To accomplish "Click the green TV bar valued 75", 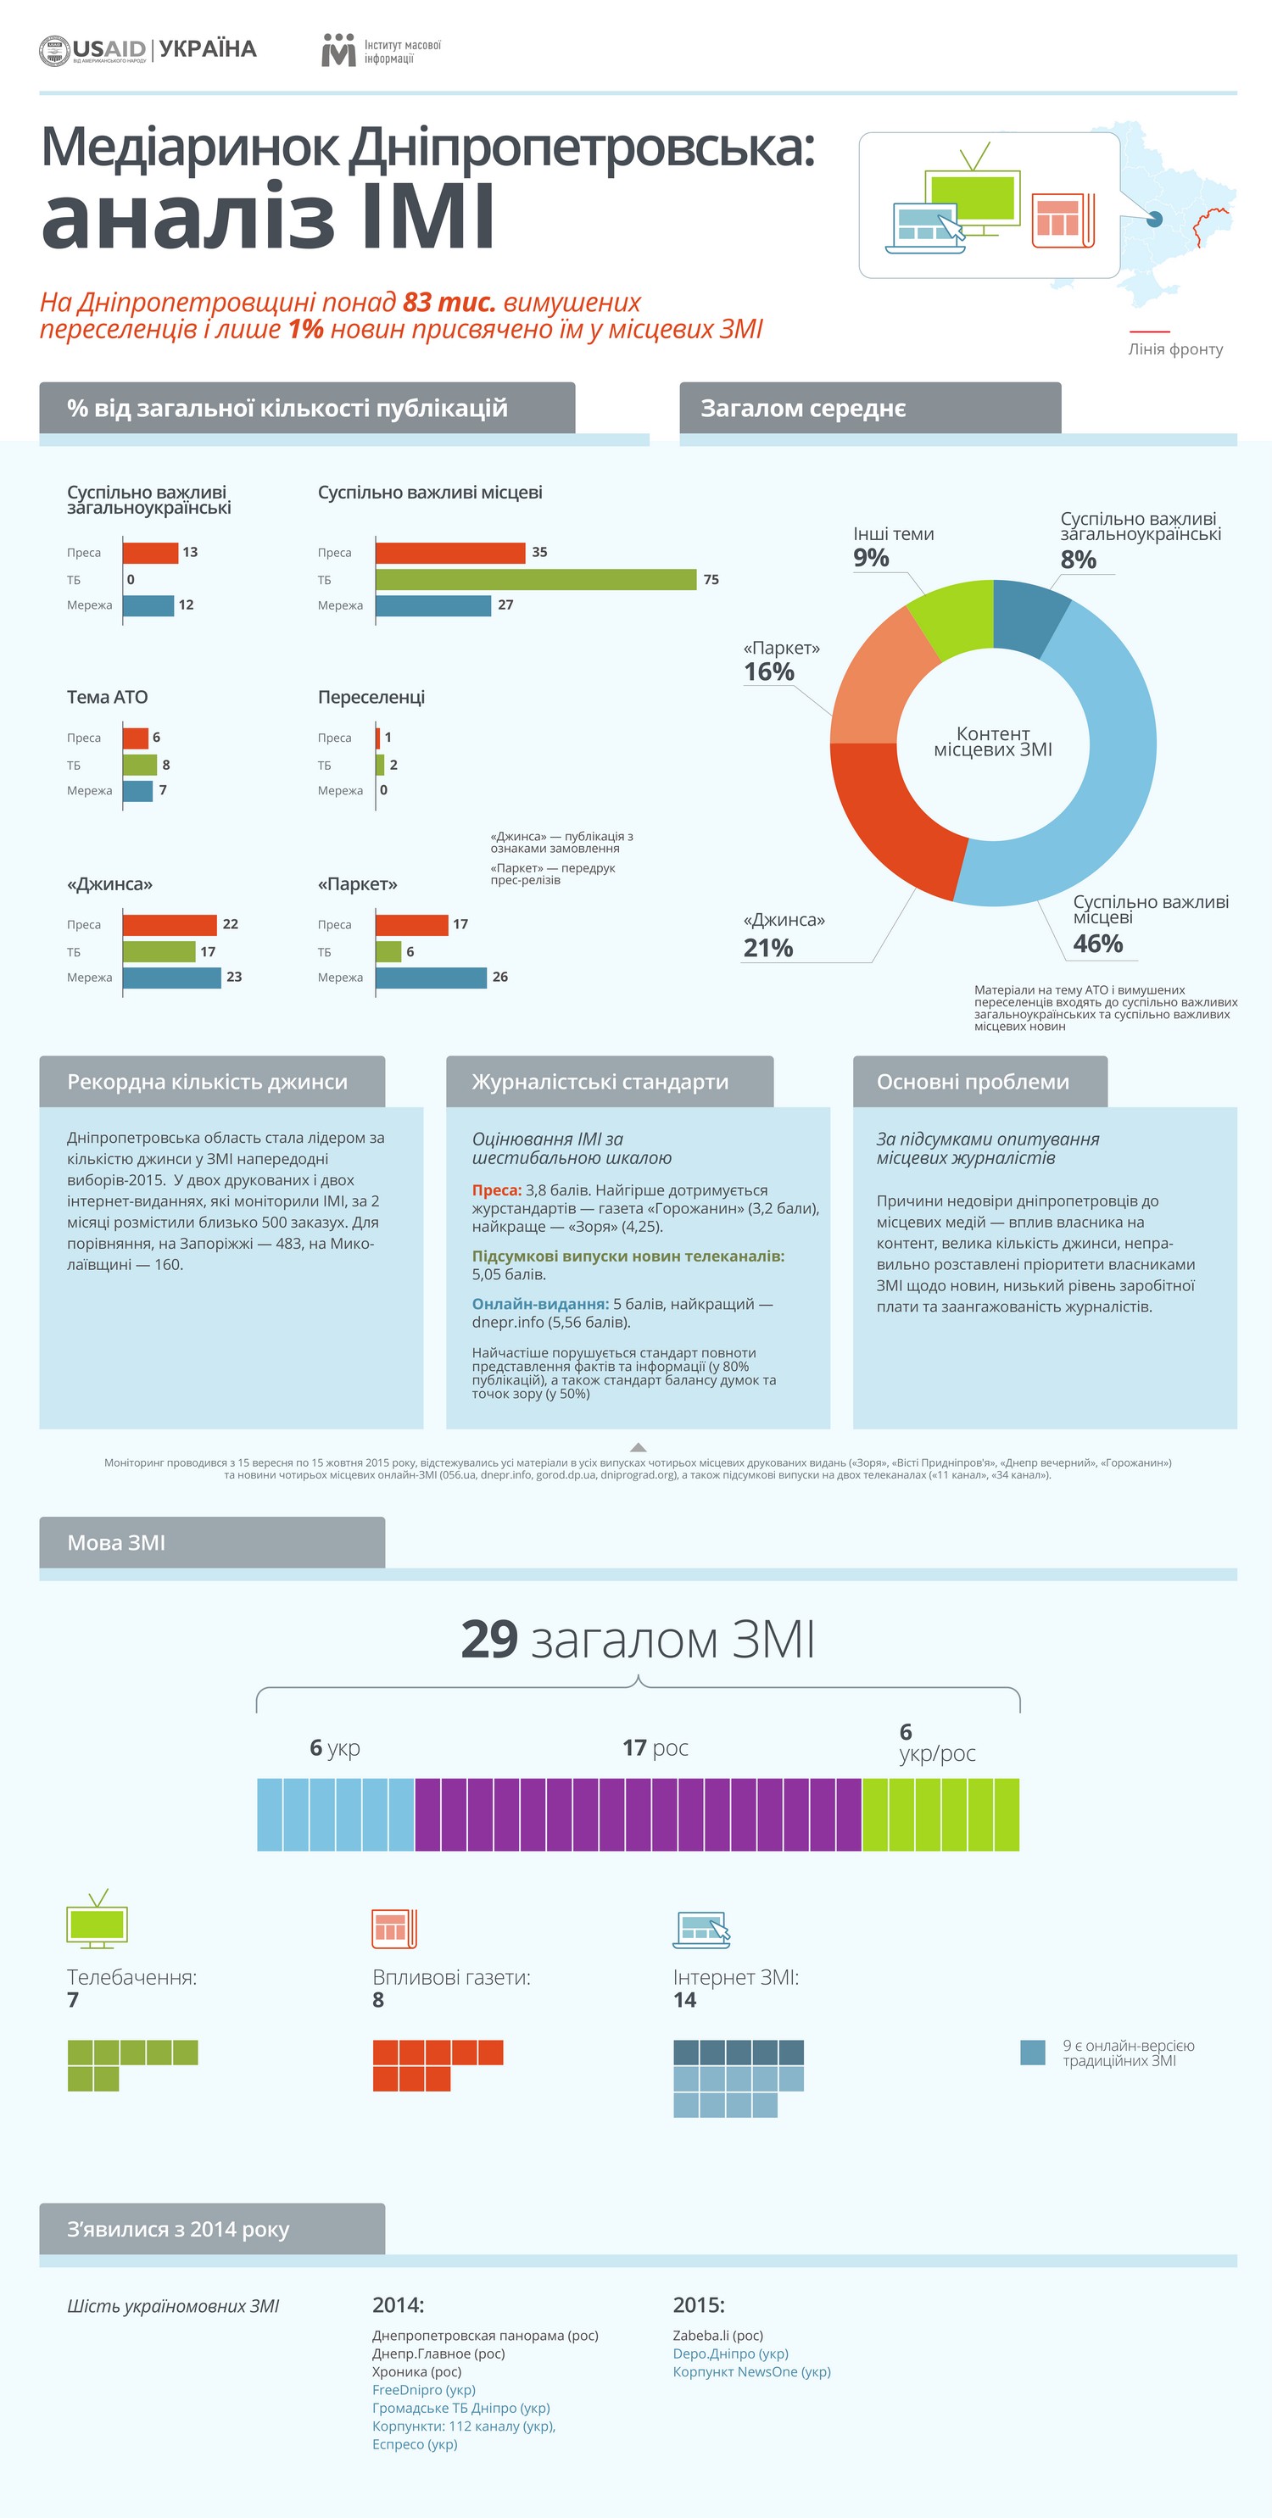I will [535, 580].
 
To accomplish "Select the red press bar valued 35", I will [449, 552].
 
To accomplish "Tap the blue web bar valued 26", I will [430, 978].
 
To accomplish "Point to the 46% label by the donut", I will [1097, 944].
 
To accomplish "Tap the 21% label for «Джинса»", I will [768, 948].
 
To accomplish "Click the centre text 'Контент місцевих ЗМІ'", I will [992, 742].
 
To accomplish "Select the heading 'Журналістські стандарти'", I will [600, 1082].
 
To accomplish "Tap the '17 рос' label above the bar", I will [655, 1747].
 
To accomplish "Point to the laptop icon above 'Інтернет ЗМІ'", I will [701, 1930].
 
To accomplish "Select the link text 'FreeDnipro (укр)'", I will [423, 2390].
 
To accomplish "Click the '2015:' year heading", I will [698, 2305].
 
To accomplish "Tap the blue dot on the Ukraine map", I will [1153, 219].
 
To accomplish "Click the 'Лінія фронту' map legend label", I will [1175, 349].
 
